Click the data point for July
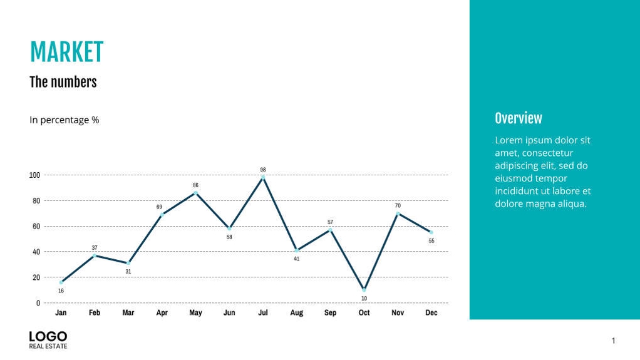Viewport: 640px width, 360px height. [x=263, y=178]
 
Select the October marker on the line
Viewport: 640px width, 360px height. [x=364, y=290]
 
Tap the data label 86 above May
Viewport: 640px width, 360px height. [x=195, y=185]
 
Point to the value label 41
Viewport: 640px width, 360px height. [x=297, y=259]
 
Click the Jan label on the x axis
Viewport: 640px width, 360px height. [x=61, y=312]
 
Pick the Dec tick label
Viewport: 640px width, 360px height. [x=431, y=312]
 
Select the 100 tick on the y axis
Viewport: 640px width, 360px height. [x=34, y=175]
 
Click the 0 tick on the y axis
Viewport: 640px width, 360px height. [x=38, y=303]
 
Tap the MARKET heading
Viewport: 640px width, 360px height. [x=66, y=53]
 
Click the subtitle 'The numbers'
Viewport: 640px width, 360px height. [x=63, y=82]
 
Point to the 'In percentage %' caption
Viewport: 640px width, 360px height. [x=64, y=120]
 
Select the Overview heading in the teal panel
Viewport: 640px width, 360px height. [x=519, y=118]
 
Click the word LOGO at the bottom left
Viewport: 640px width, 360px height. [x=48, y=336]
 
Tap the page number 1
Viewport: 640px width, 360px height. [x=613, y=341]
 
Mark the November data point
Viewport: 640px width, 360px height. [x=398, y=213]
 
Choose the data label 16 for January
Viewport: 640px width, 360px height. [x=61, y=291]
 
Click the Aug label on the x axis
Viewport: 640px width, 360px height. [x=297, y=312]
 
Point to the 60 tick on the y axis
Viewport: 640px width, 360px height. [x=36, y=227]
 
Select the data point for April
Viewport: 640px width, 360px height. [x=162, y=215]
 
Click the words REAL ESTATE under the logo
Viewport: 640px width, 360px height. [x=48, y=346]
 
